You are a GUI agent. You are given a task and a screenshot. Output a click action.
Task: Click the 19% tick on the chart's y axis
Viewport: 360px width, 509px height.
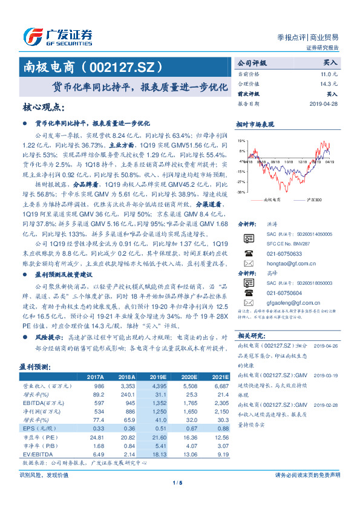point(241,142)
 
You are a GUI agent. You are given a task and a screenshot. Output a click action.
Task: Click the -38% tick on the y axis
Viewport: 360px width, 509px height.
point(241,192)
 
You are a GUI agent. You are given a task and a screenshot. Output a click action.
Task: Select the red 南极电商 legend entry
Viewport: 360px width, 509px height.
point(266,199)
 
